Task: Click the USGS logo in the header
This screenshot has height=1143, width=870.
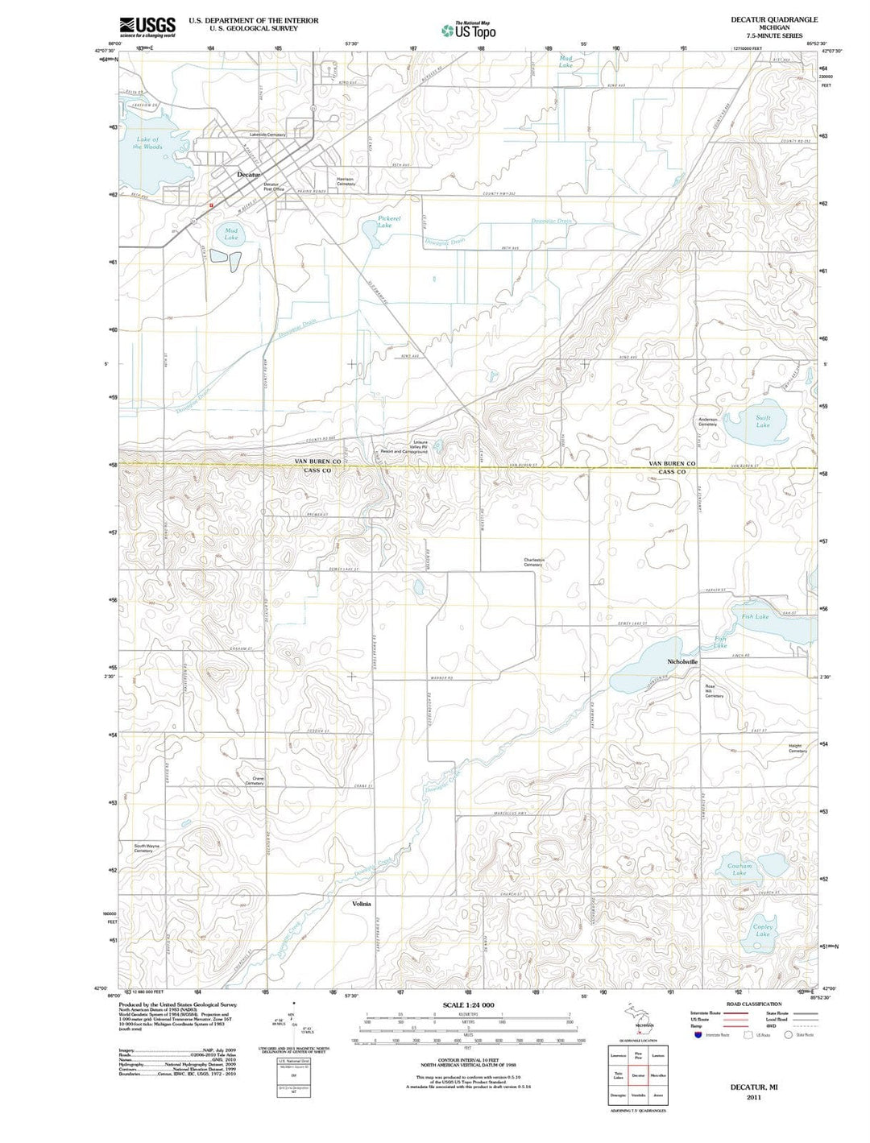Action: click(147, 26)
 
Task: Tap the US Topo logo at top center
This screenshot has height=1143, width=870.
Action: click(468, 31)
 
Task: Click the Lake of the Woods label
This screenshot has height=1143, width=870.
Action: click(148, 143)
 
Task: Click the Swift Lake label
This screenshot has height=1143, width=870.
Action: click(763, 421)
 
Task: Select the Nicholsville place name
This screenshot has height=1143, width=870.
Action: click(683, 661)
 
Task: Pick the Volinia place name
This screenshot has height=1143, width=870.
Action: click(362, 904)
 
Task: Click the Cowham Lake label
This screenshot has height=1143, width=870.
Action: click(739, 869)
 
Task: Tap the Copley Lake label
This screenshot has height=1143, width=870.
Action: click(762, 930)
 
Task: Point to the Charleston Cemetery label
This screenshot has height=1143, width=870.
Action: click(533, 562)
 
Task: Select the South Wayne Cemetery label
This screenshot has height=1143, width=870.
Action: click(147, 848)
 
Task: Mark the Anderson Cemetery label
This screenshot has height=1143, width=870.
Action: click(708, 421)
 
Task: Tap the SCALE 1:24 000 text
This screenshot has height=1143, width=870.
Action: click(468, 1005)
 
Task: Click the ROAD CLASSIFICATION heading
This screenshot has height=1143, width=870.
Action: click(753, 1004)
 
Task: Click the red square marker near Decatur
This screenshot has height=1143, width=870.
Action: click(210, 205)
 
